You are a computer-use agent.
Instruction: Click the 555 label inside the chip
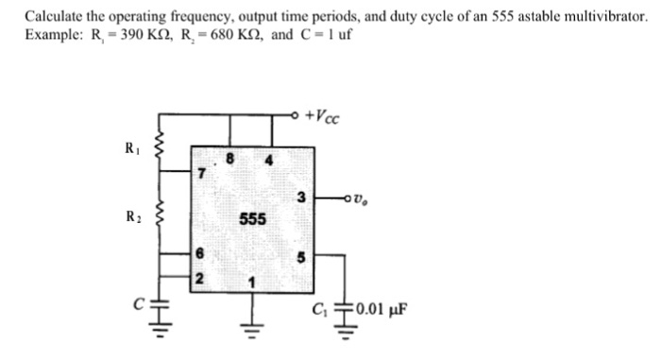(x=252, y=219)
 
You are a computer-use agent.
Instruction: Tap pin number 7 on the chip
(x=200, y=174)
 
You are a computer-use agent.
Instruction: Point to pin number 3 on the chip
(x=300, y=197)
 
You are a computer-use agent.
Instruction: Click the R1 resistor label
(x=131, y=147)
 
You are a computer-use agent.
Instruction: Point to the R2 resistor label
(x=131, y=215)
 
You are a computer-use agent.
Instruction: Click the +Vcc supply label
(x=327, y=117)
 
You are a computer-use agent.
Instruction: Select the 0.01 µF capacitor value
(x=381, y=309)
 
